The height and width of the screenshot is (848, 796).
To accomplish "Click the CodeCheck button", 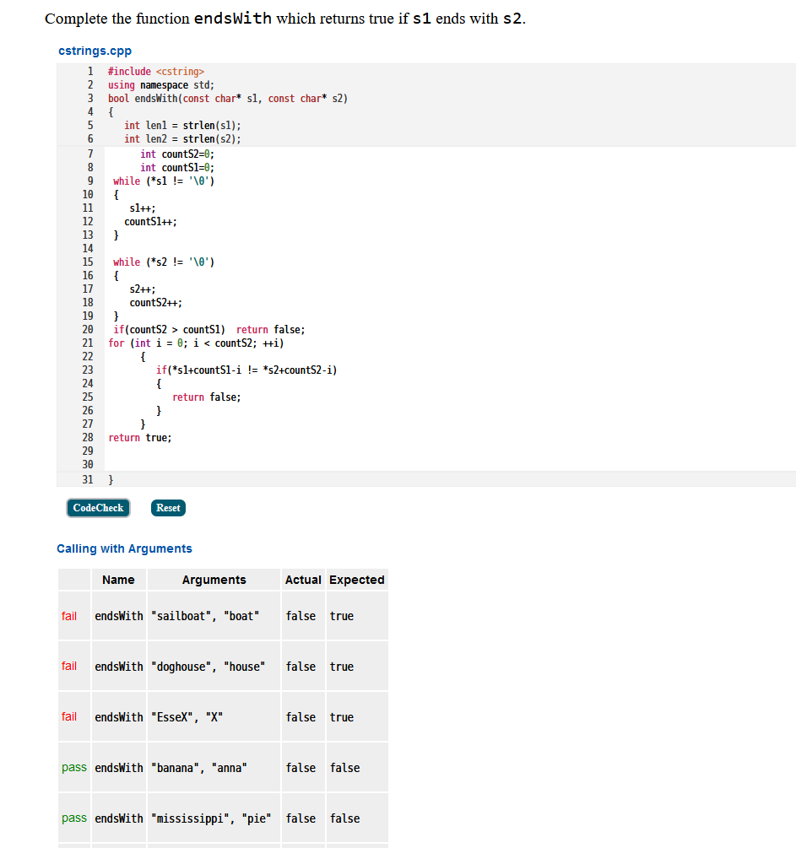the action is click(98, 508).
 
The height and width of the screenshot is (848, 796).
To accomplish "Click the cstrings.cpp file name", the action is click(95, 51).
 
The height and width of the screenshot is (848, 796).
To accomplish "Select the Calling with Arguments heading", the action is click(124, 548).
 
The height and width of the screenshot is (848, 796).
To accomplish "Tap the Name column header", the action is click(118, 580).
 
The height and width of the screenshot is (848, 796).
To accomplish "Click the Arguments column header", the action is click(214, 580).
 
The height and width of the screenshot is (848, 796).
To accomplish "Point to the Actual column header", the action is click(303, 580).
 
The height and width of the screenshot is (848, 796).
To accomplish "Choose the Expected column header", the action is click(356, 580).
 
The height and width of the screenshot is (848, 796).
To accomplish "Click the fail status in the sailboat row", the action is click(69, 616).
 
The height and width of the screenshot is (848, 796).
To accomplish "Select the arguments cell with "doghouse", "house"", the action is click(208, 667).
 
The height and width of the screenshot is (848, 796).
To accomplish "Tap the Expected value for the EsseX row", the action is click(342, 717).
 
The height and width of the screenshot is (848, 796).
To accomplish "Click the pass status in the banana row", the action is click(74, 768).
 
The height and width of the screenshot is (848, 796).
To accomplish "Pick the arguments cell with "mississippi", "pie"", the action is click(210, 818).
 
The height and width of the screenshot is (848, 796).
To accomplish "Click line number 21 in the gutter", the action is click(88, 343).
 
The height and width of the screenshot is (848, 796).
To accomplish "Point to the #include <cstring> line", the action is click(156, 72).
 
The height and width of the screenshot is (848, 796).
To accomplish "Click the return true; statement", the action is click(140, 437).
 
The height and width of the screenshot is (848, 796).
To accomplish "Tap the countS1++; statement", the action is click(150, 221).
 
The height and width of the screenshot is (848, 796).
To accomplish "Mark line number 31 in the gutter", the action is click(88, 479).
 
